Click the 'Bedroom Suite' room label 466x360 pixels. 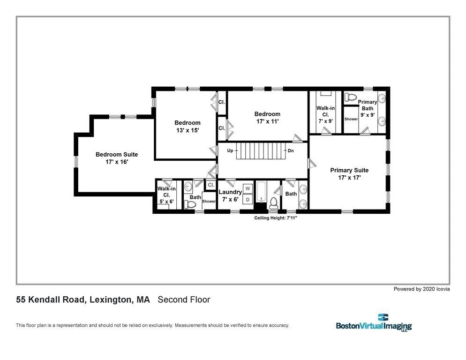tap(117, 154)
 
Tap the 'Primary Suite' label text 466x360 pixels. tap(349, 170)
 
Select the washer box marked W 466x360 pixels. tap(248, 188)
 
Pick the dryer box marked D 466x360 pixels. tap(248, 199)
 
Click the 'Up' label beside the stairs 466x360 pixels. tap(230, 151)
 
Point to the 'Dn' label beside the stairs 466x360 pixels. tap(291, 151)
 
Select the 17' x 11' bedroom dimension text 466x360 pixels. tap(267, 121)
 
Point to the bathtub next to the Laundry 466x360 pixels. tap(261, 193)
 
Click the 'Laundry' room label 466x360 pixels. tap(230, 192)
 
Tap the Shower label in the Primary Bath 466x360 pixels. tap(351, 119)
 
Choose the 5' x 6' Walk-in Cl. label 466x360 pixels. tap(166, 195)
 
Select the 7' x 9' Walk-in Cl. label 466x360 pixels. tap(326, 114)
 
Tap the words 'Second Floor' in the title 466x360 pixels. tap(184, 300)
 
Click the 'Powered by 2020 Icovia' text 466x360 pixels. tap(421, 289)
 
